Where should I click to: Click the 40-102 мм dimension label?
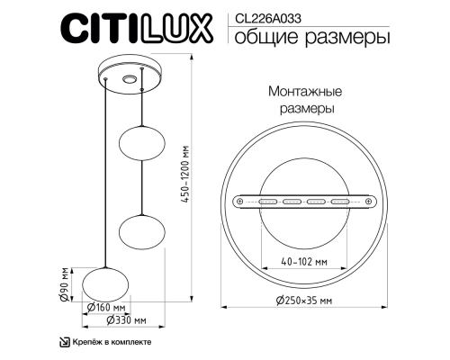click(x=302, y=261)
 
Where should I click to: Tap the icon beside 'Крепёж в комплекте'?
click(x=64, y=342)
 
